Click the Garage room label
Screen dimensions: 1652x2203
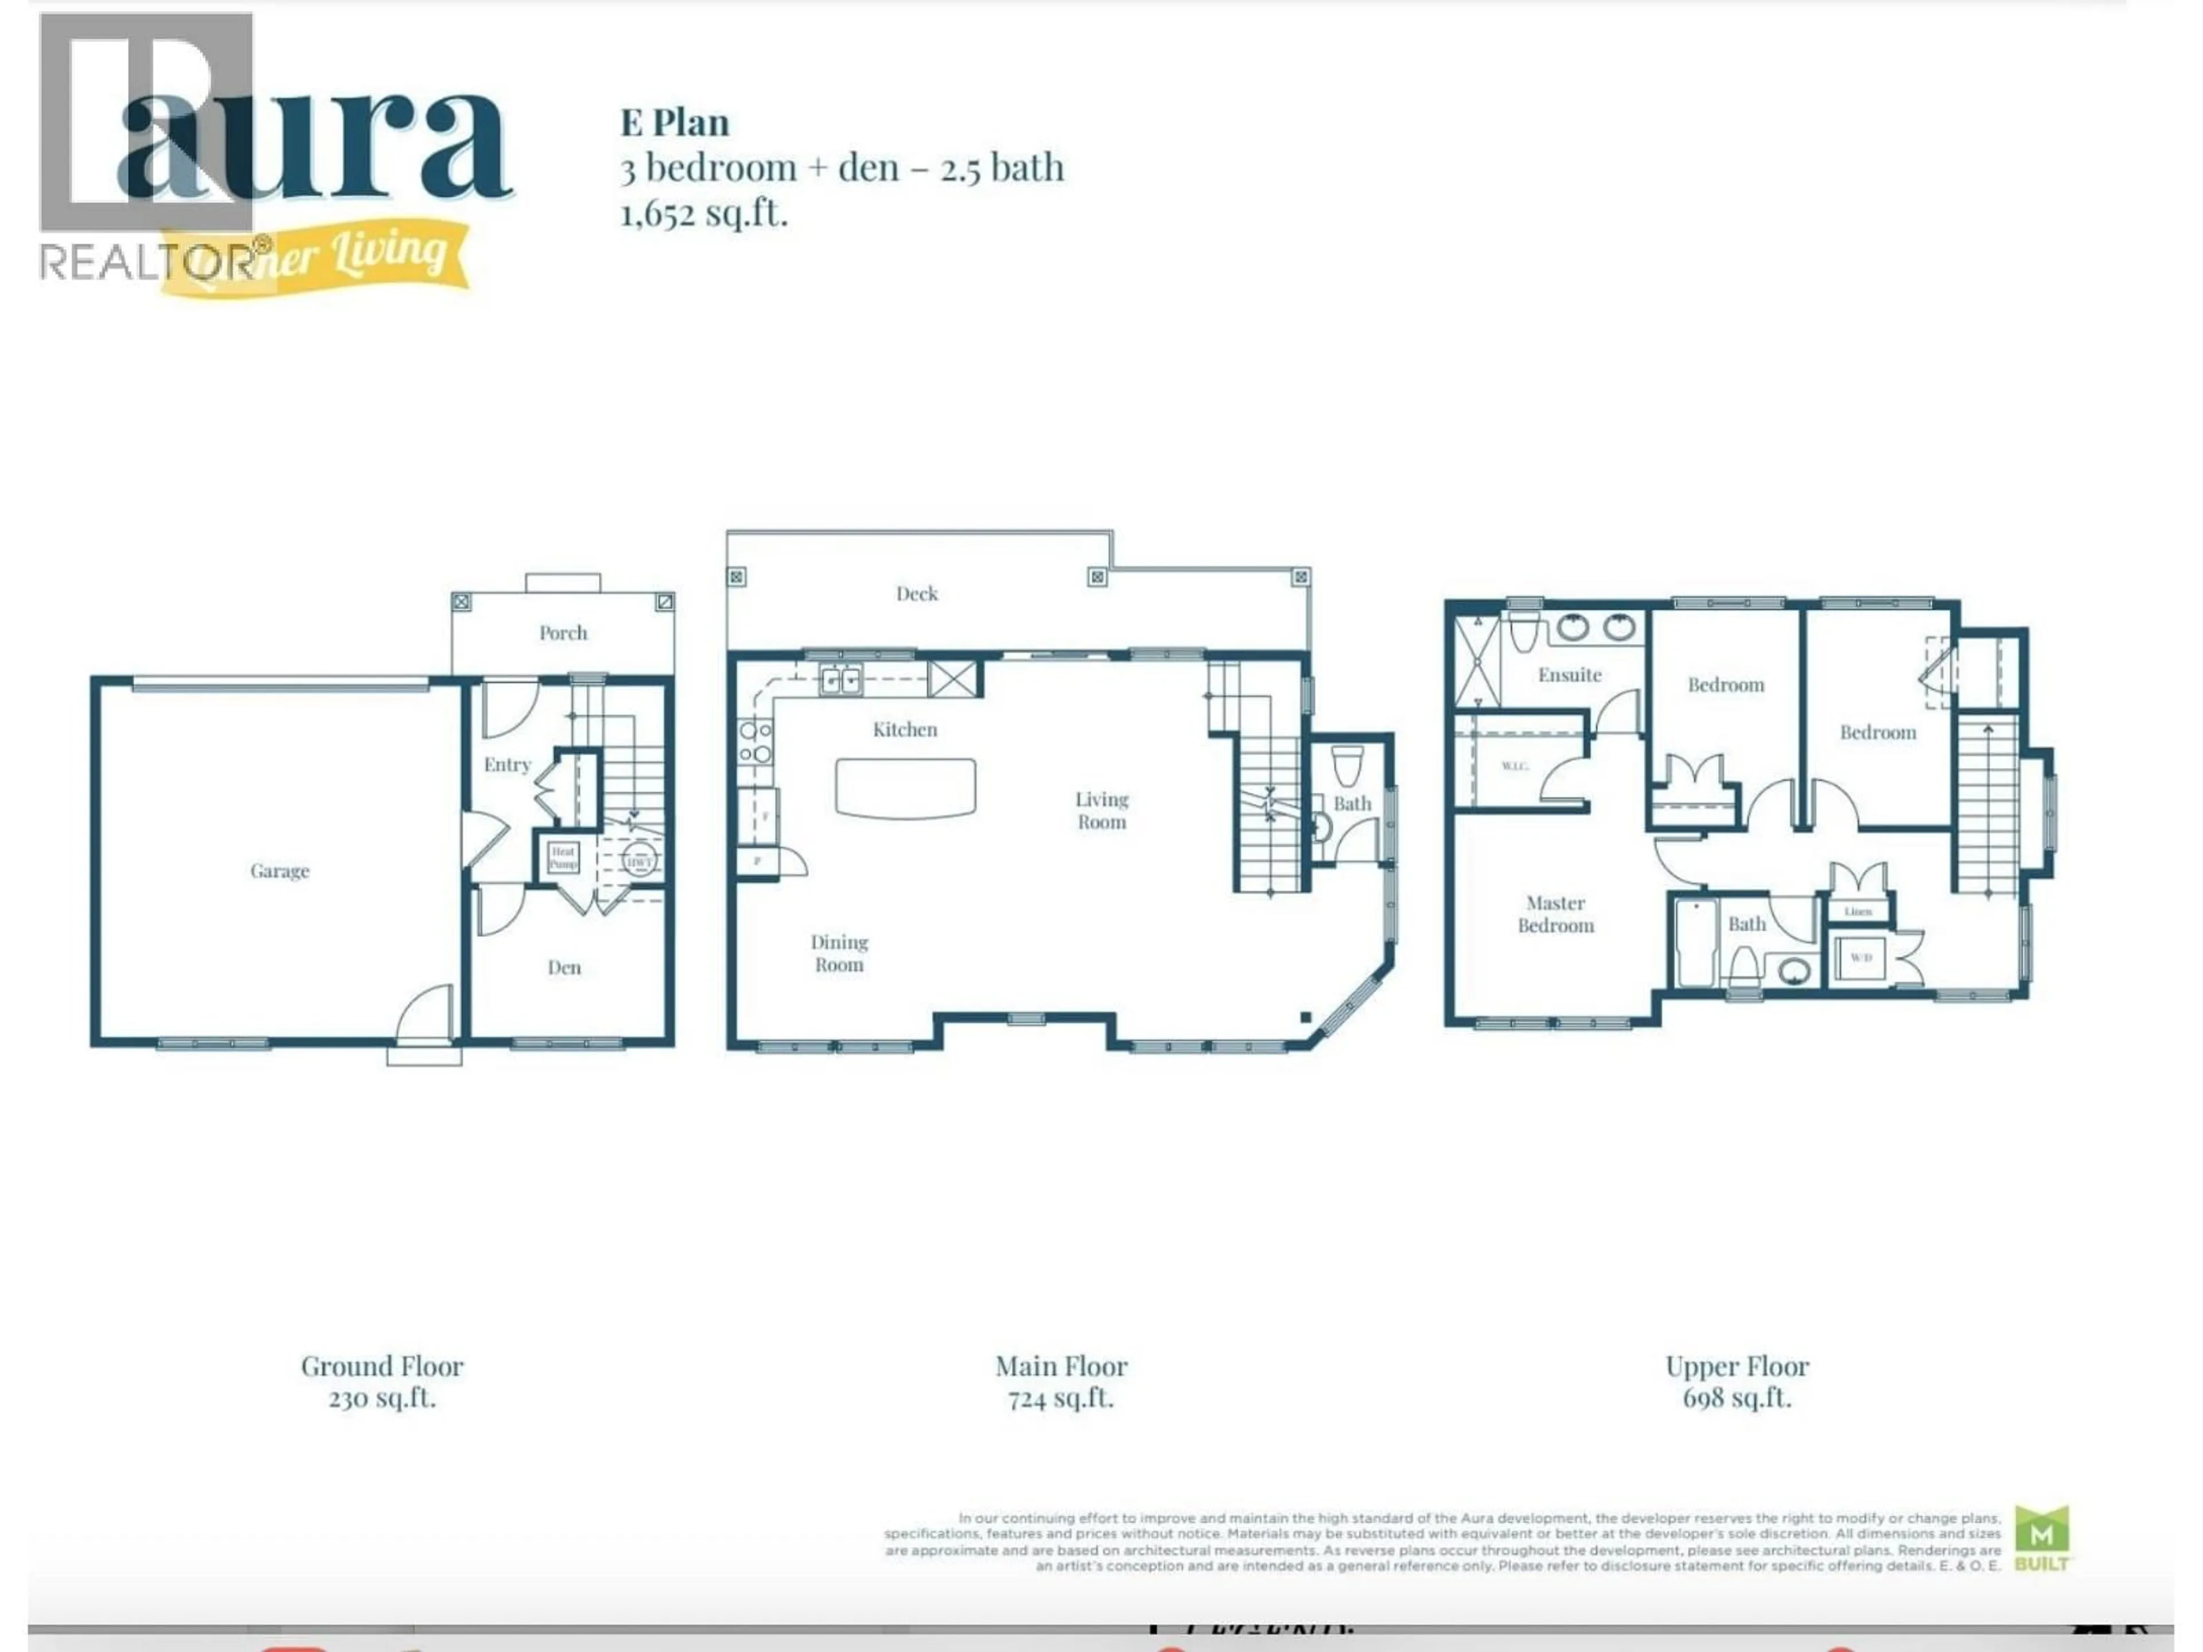point(280,871)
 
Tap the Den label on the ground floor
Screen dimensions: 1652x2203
point(564,967)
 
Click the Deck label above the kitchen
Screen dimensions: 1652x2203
point(916,594)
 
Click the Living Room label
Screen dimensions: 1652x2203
point(1101,811)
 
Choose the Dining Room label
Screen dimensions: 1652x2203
point(839,953)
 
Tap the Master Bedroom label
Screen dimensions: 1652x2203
point(1556,914)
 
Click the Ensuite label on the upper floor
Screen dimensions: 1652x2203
point(1570,675)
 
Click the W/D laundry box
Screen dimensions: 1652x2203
point(1861,958)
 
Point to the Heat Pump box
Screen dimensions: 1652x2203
point(563,858)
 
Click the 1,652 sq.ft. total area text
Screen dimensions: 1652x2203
point(704,213)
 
